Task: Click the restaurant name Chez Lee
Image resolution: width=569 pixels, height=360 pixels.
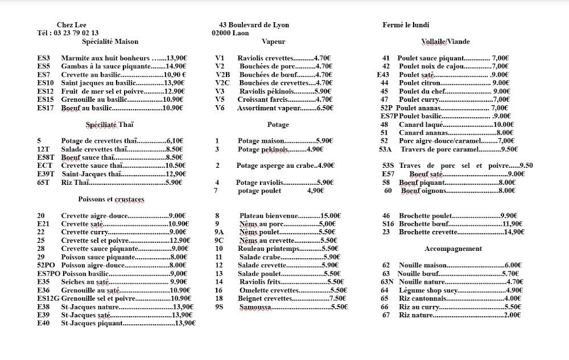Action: (x=71, y=25)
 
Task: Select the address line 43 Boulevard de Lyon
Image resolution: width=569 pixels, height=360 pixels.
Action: (x=254, y=25)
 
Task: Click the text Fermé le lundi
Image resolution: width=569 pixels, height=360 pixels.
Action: (x=406, y=25)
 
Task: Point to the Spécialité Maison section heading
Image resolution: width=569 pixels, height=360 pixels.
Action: (x=110, y=42)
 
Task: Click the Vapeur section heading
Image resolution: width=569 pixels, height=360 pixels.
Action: (x=273, y=42)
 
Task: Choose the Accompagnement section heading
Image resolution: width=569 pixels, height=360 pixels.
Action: (x=453, y=249)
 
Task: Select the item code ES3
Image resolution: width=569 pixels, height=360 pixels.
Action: (x=44, y=58)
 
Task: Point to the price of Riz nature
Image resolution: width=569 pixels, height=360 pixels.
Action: (x=513, y=315)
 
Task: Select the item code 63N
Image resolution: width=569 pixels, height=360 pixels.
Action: (x=387, y=282)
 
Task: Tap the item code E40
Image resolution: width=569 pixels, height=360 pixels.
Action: (x=43, y=323)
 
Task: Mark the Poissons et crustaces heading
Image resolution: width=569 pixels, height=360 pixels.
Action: (x=112, y=199)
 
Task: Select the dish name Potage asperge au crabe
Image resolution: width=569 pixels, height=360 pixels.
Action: (x=268, y=166)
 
